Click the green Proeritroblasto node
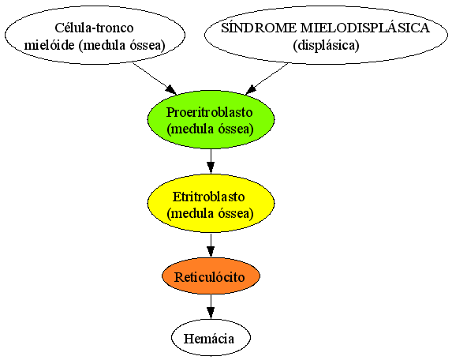click(211, 119)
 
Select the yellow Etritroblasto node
click(211, 204)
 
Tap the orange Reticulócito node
click(211, 276)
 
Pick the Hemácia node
click(211, 338)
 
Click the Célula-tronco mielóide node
click(95, 36)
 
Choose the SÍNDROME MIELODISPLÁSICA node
click(326, 36)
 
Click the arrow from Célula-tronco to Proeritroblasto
click(154, 78)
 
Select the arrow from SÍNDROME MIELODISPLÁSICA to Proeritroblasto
click(267, 78)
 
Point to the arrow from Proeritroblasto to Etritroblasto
click(211, 161)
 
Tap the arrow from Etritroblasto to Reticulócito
click(211, 246)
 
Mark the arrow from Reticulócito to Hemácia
click(211, 306)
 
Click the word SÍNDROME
click(259, 28)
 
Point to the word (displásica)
click(326, 45)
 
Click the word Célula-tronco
click(94, 28)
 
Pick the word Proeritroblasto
click(210, 112)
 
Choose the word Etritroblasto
click(209, 197)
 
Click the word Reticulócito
click(210, 277)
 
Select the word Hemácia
click(209, 339)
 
